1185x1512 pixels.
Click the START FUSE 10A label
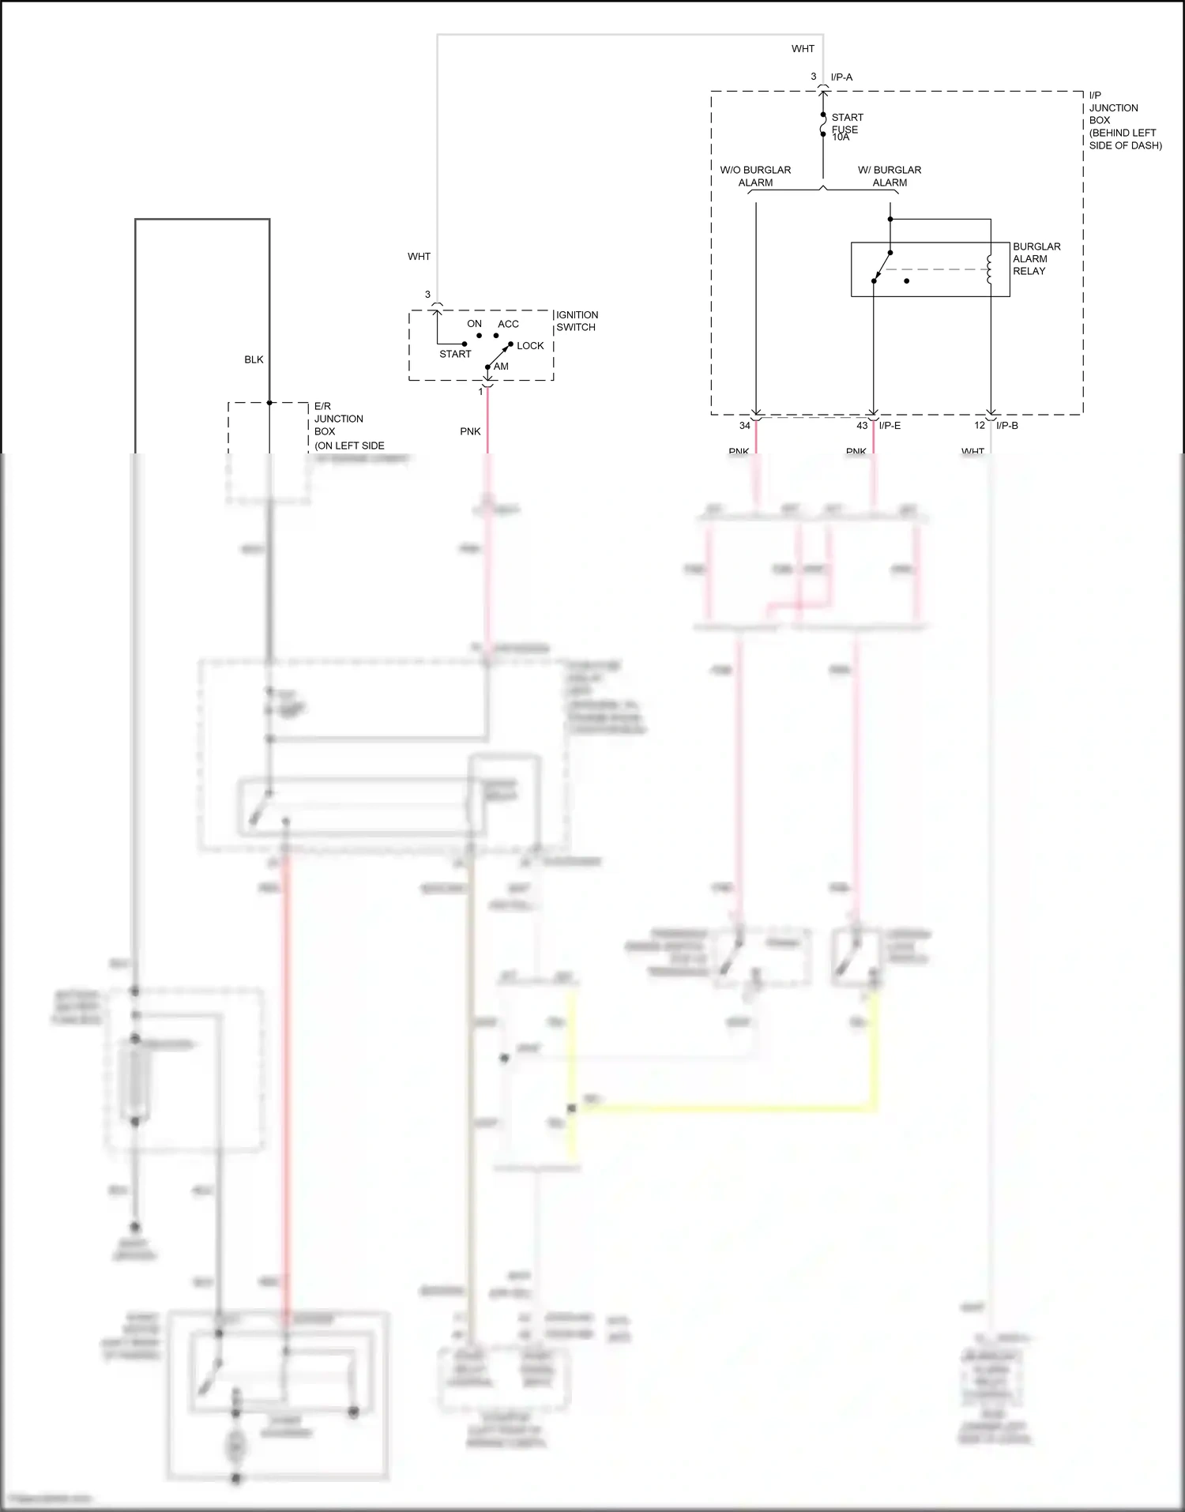[845, 127]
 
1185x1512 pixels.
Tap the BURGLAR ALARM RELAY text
[1036, 258]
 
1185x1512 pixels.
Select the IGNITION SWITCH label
[577, 321]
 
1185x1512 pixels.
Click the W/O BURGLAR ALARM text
[755, 176]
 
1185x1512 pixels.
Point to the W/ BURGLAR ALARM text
[890, 176]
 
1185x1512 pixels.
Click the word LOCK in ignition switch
[530, 346]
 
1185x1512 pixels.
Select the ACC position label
[508, 324]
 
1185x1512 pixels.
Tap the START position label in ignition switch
[455, 354]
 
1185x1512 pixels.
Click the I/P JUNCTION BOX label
[1124, 120]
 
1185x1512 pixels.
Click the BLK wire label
[254, 359]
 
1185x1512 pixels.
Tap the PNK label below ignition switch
[470, 431]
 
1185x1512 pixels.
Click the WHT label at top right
[803, 49]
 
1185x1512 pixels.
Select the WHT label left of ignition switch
[419, 257]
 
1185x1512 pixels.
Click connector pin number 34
[744, 426]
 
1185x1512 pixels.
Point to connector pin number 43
[862, 426]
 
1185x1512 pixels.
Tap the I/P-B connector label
[1006, 426]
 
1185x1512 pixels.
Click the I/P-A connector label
[841, 77]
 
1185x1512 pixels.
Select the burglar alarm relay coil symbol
[989, 269]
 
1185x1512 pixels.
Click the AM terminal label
[501, 367]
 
